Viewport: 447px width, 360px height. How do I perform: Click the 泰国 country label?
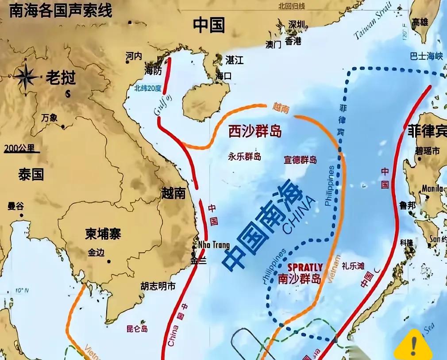pyautogui.click(x=31, y=174)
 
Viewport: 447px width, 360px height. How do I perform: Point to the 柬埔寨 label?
pyautogui.click(x=103, y=234)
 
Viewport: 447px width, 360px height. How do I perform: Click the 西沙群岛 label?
pyautogui.click(x=255, y=131)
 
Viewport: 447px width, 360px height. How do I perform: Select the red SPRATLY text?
pyautogui.click(x=305, y=268)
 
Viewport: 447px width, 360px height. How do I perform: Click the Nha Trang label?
pyautogui.click(x=214, y=245)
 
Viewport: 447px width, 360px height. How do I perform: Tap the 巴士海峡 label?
pyautogui.click(x=426, y=56)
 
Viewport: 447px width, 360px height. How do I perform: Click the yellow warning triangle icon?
pyautogui.click(x=413, y=346)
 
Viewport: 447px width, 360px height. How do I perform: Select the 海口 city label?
pyautogui.click(x=223, y=76)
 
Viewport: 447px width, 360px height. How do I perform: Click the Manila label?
pyautogui.click(x=432, y=188)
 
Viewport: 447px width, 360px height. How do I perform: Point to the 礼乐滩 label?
pyautogui.click(x=353, y=266)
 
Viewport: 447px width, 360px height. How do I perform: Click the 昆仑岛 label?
pyautogui.click(x=137, y=329)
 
